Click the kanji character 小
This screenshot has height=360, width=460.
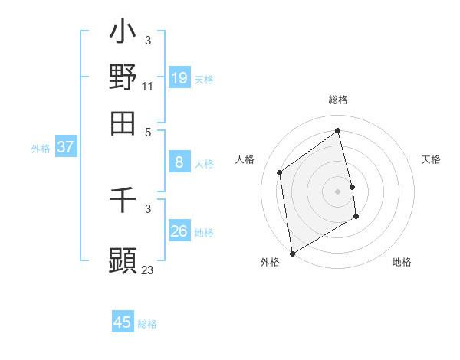pyautogui.click(x=123, y=34)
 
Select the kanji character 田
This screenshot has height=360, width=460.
pyautogui.click(x=123, y=122)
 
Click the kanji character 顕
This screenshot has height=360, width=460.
pyautogui.click(x=123, y=260)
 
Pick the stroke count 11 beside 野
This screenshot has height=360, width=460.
pyautogui.click(x=147, y=87)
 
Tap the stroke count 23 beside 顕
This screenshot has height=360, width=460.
pyautogui.click(x=147, y=270)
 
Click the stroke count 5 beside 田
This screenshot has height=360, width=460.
pyautogui.click(x=147, y=131)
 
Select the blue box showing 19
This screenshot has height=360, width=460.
pyautogui.click(x=179, y=77)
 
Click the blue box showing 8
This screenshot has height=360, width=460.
pyautogui.click(x=179, y=162)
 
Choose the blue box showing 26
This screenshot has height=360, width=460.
pyautogui.click(x=179, y=231)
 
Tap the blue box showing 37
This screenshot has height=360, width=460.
pyautogui.click(x=65, y=147)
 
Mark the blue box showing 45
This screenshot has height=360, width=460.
pyautogui.click(x=123, y=322)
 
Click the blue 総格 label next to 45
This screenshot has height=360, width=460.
pyautogui.click(x=147, y=324)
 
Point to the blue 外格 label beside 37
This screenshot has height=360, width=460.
pyautogui.click(x=40, y=149)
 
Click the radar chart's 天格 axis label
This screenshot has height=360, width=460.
pyautogui.click(x=431, y=159)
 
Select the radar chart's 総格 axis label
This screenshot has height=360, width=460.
pyautogui.click(x=337, y=100)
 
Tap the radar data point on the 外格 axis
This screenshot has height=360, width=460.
pyautogui.click(x=292, y=253)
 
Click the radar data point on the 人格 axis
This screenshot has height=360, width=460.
pyautogui.click(x=280, y=172)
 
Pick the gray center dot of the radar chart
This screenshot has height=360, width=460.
pyautogui.click(x=337, y=191)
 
